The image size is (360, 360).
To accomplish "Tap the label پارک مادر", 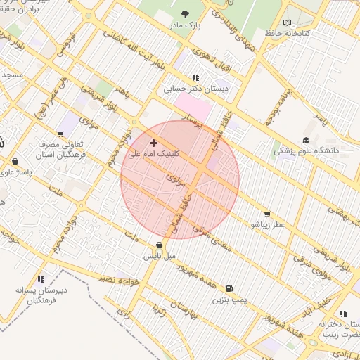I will click(x=184, y=25).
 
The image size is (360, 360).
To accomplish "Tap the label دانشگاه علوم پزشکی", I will click(x=306, y=150).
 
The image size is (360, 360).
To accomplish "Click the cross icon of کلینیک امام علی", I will click(x=154, y=143).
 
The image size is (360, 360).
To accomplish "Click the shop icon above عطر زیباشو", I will click(x=266, y=214).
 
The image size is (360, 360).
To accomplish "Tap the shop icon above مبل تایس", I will click(x=159, y=245).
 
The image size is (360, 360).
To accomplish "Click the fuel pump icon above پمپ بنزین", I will click(x=229, y=288).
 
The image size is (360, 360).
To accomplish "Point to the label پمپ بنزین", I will click(x=230, y=300).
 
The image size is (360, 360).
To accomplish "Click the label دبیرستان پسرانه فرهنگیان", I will click(x=41, y=295).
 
